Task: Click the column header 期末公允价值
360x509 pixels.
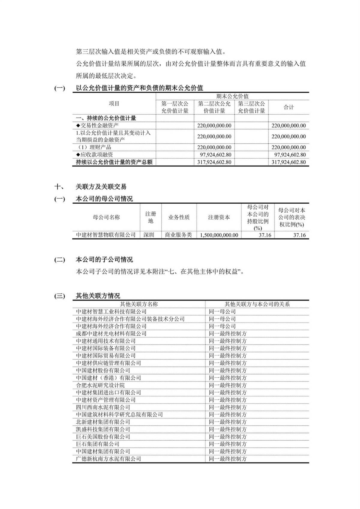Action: [x=232, y=96]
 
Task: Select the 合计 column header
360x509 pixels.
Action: [x=289, y=107]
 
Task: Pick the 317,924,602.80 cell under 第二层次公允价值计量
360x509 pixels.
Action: [x=214, y=162]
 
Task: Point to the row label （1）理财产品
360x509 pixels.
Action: [x=93, y=147]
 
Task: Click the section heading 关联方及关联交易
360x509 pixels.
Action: [x=101, y=187]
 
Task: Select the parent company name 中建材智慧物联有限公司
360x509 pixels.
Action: [x=106, y=235]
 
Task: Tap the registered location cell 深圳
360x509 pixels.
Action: [x=149, y=235]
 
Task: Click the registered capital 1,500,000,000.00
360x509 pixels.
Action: [x=219, y=235]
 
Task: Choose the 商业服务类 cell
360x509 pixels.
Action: [x=178, y=235]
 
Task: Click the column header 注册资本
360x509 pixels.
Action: [x=219, y=217]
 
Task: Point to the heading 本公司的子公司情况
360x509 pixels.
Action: [x=104, y=260]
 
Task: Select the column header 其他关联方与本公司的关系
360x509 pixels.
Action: [x=257, y=304]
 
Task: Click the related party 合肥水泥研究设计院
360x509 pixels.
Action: [x=100, y=385]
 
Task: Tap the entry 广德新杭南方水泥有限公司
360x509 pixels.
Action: [x=108, y=459]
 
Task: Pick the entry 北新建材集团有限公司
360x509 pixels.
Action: [x=103, y=422]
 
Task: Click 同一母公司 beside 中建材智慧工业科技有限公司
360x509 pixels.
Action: [x=222, y=312]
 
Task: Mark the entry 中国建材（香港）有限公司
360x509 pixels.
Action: [x=108, y=378]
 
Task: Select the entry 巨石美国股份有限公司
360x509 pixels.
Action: [x=103, y=436]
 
